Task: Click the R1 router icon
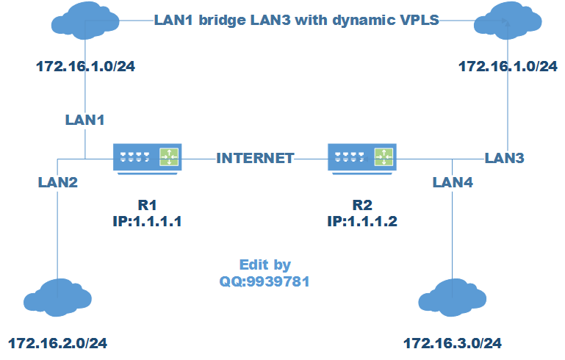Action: [x=147, y=157]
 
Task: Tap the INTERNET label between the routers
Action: [x=255, y=158]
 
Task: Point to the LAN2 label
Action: [x=58, y=181]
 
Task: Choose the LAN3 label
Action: [x=505, y=158]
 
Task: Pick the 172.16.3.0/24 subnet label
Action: [x=453, y=343]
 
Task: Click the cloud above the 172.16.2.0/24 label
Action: [x=57, y=298]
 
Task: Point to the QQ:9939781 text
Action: [x=264, y=280]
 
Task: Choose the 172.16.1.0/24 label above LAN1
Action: [x=86, y=66]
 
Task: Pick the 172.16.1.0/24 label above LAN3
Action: [x=508, y=66]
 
